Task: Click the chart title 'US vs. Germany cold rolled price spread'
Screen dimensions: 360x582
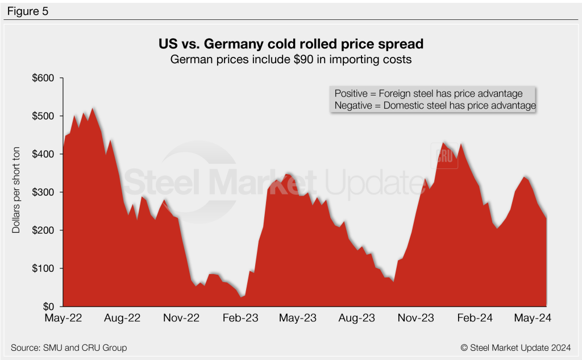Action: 290,44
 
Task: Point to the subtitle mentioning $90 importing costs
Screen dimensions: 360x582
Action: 290,59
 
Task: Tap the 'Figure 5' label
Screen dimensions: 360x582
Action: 27,10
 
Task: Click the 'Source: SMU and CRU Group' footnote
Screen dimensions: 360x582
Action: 68,347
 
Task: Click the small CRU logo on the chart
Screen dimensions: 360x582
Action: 446,158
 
